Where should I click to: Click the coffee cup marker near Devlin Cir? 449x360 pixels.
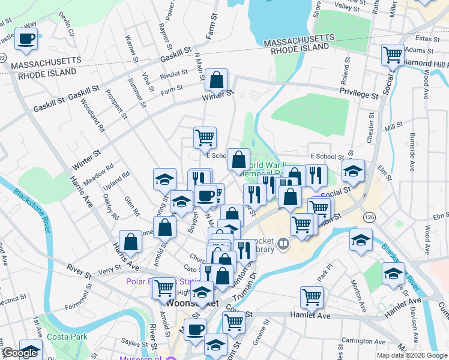[26, 39]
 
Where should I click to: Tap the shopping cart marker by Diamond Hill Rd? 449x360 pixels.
[393, 55]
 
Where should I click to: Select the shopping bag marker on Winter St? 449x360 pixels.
[216, 79]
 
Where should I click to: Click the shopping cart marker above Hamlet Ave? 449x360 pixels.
[312, 296]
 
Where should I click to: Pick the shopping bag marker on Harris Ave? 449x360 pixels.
[130, 242]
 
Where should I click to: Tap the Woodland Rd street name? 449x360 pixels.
[97, 118]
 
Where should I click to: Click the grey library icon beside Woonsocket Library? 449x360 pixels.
[283, 244]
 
